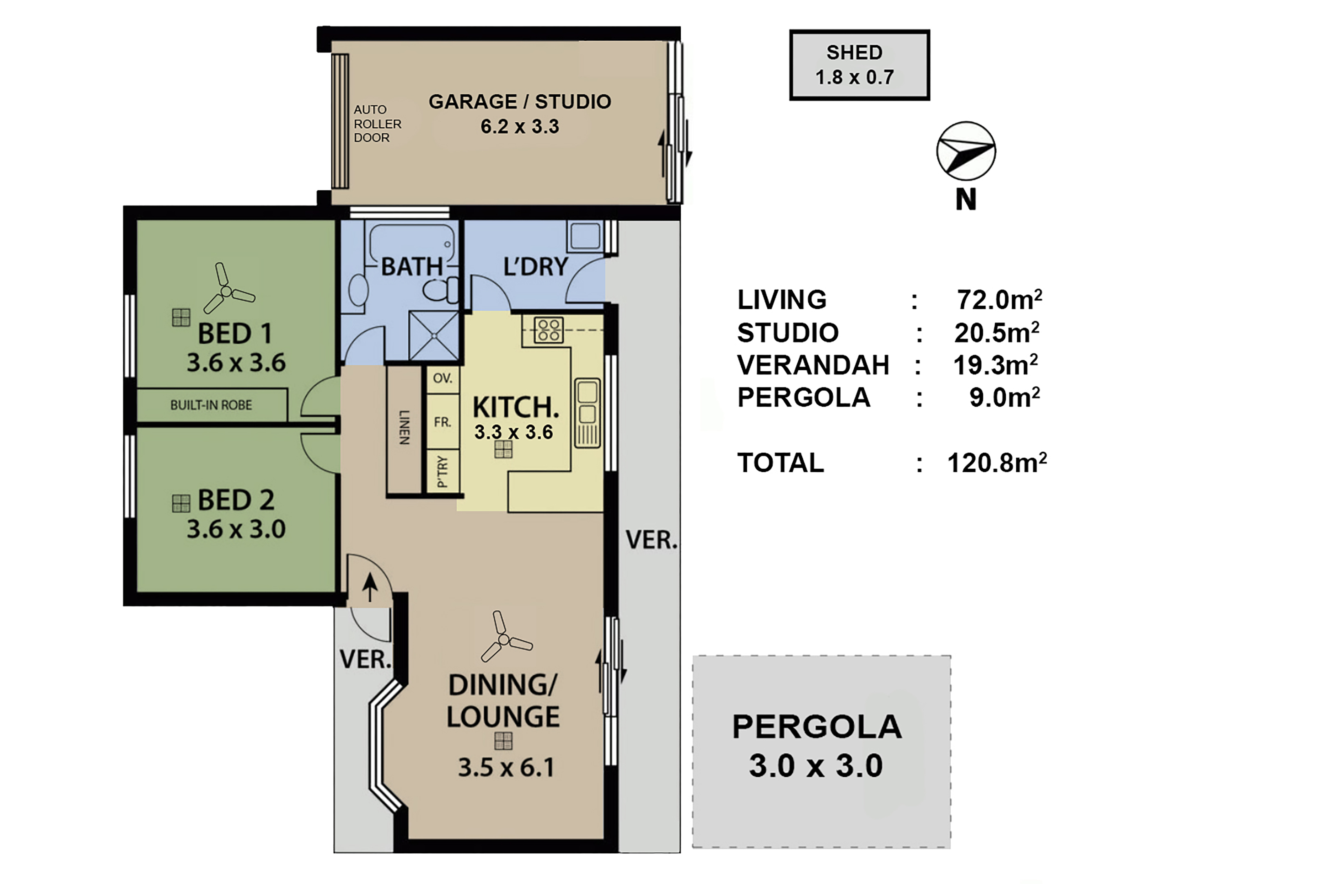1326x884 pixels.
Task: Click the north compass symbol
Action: coord(965,151)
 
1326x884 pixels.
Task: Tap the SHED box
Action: coord(859,65)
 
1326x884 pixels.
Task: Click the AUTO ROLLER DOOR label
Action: coord(377,123)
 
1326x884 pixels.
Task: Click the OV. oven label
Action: coord(443,378)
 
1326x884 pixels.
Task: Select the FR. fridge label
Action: coord(443,422)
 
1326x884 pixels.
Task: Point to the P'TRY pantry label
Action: coord(443,471)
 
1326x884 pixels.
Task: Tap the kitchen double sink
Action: coord(587,413)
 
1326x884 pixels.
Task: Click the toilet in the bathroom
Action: coord(440,290)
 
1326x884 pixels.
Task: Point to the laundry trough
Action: coord(584,235)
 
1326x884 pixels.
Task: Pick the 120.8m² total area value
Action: coord(997,463)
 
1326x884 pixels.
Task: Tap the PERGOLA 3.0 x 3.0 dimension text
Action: coord(816,766)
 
